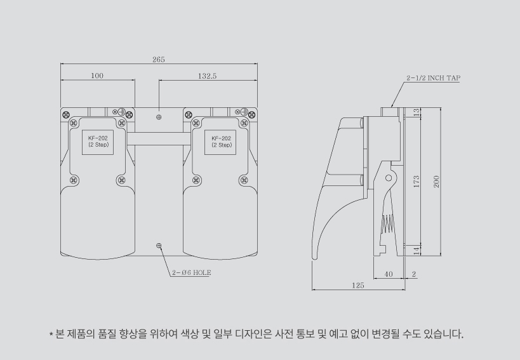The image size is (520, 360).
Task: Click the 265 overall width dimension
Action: coord(159,59)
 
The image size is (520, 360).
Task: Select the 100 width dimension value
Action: coord(97,76)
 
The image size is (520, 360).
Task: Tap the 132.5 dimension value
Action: coord(207,76)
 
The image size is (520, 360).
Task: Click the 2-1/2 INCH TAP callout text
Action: coord(434,78)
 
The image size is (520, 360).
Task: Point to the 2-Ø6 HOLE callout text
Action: coord(191,272)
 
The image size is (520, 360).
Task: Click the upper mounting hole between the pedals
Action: coord(159,117)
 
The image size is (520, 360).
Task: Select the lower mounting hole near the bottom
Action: coord(159,246)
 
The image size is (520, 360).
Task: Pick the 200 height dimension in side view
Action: coord(436,182)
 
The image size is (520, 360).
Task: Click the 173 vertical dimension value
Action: coord(417,182)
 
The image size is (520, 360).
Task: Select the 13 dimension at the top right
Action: coord(417,112)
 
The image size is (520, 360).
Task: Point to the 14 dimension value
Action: coord(417,251)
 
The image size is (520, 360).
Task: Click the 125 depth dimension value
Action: coord(358,285)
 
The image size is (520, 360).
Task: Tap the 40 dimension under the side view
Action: coord(389,274)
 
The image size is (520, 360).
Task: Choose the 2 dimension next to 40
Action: coord(414,274)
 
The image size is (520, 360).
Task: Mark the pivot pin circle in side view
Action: coord(389,178)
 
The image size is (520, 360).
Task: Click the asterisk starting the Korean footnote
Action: coord(51,334)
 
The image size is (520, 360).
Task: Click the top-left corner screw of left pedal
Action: coord(66,115)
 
